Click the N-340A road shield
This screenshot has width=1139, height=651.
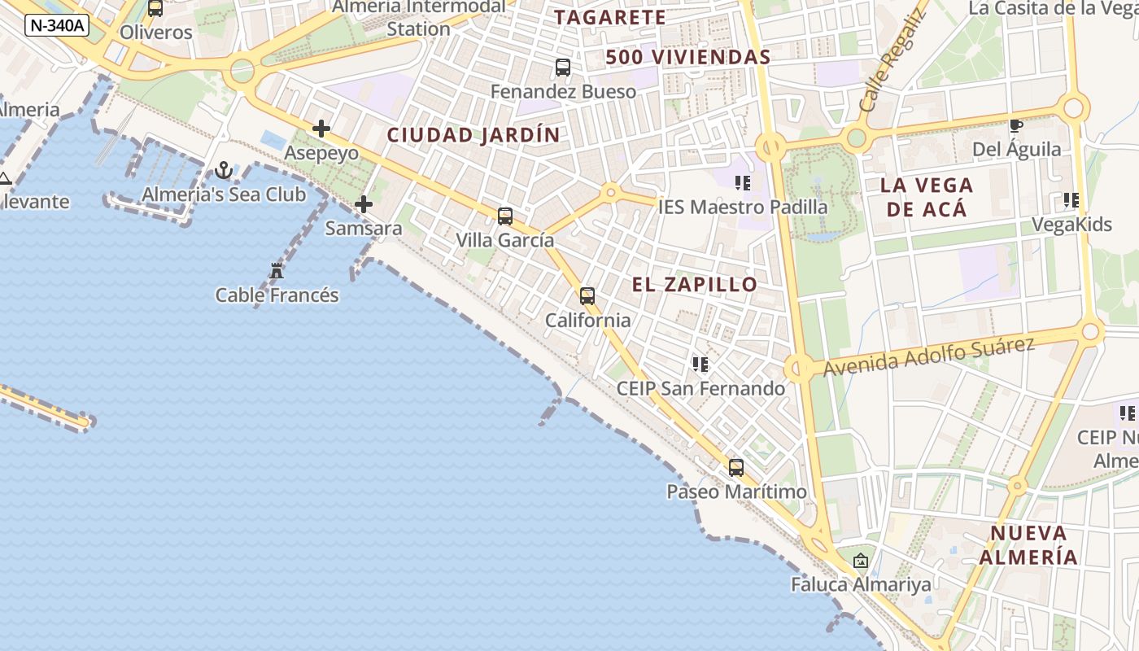click(x=56, y=25)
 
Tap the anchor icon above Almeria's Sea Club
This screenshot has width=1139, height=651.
click(x=224, y=170)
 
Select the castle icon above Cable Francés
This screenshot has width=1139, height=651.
click(x=277, y=271)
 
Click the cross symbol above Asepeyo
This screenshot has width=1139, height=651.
click(x=321, y=129)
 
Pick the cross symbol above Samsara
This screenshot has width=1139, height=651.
click(x=364, y=204)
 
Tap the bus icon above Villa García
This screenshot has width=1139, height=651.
click(x=505, y=216)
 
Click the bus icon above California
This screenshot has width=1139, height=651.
click(x=587, y=296)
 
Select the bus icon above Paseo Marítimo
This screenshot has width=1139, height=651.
click(x=736, y=468)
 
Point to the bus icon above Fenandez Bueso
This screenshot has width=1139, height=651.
click(x=563, y=68)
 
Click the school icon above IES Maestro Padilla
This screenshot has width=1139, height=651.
click(x=742, y=183)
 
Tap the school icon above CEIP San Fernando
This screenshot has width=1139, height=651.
click(x=700, y=365)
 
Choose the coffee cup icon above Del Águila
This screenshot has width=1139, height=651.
click(x=1015, y=125)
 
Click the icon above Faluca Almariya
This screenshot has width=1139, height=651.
click(x=861, y=561)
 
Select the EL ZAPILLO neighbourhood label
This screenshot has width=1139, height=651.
click(x=695, y=285)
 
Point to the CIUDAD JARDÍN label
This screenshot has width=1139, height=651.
click(x=473, y=135)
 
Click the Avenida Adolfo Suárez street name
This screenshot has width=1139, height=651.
click(x=928, y=356)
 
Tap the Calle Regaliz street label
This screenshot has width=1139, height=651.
click(x=892, y=61)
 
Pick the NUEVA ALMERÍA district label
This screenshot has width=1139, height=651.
click(x=1028, y=545)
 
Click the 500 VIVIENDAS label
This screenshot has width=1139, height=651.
click(x=687, y=57)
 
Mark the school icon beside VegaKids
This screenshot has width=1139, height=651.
click(x=1071, y=200)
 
